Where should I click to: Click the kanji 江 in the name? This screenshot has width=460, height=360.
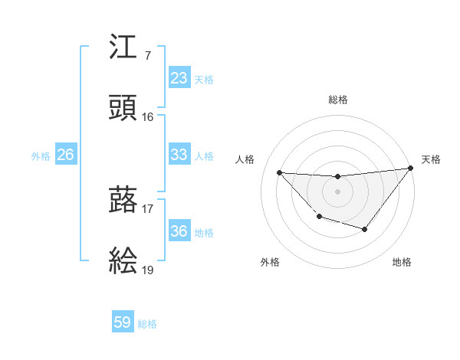[x=123, y=47]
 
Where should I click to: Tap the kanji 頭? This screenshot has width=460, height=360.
[x=123, y=108]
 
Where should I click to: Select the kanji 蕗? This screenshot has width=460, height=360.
[x=123, y=200]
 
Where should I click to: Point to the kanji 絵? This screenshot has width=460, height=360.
[x=123, y=261]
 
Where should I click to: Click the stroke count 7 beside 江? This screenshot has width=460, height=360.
[x=147, y=56]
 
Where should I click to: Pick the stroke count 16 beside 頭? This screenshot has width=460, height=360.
[x=148, y=117]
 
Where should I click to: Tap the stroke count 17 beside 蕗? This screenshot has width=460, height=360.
[x=148, y=208]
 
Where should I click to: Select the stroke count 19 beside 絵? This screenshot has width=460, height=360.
[x=148, y=270]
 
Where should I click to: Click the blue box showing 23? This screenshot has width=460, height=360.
[x=179, y=78]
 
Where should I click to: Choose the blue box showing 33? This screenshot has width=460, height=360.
[x=179, y=155]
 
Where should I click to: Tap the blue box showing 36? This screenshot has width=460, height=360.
[x=179, y=231]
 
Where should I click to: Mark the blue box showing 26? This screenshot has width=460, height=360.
[x=65, y=155]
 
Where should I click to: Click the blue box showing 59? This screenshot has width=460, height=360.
[x=123, y=322]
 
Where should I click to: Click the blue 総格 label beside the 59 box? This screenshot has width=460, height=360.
[x=147, y=324]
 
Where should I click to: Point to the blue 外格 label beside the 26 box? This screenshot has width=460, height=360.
[x=41, y=156]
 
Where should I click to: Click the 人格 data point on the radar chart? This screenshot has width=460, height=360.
[x=279, y=172]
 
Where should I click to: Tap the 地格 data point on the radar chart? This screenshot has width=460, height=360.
[x=365, y=229]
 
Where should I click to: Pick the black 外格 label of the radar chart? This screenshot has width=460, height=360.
[x=270, y=262]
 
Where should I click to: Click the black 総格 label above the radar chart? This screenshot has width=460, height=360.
[x=337, y=100]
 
